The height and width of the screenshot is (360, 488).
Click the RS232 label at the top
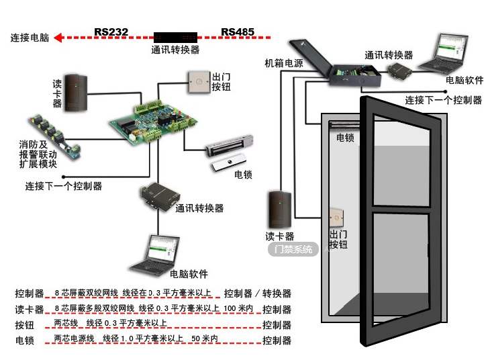(111, 31)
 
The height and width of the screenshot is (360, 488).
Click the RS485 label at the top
(238, 31)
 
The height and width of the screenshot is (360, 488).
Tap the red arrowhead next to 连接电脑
(58, 38)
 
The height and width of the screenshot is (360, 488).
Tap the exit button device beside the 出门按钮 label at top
(199, 84)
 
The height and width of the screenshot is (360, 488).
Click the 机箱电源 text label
(283, 63)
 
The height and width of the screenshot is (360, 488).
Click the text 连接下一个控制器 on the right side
(443, 100)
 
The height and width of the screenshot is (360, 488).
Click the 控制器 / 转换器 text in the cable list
(258, 294)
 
